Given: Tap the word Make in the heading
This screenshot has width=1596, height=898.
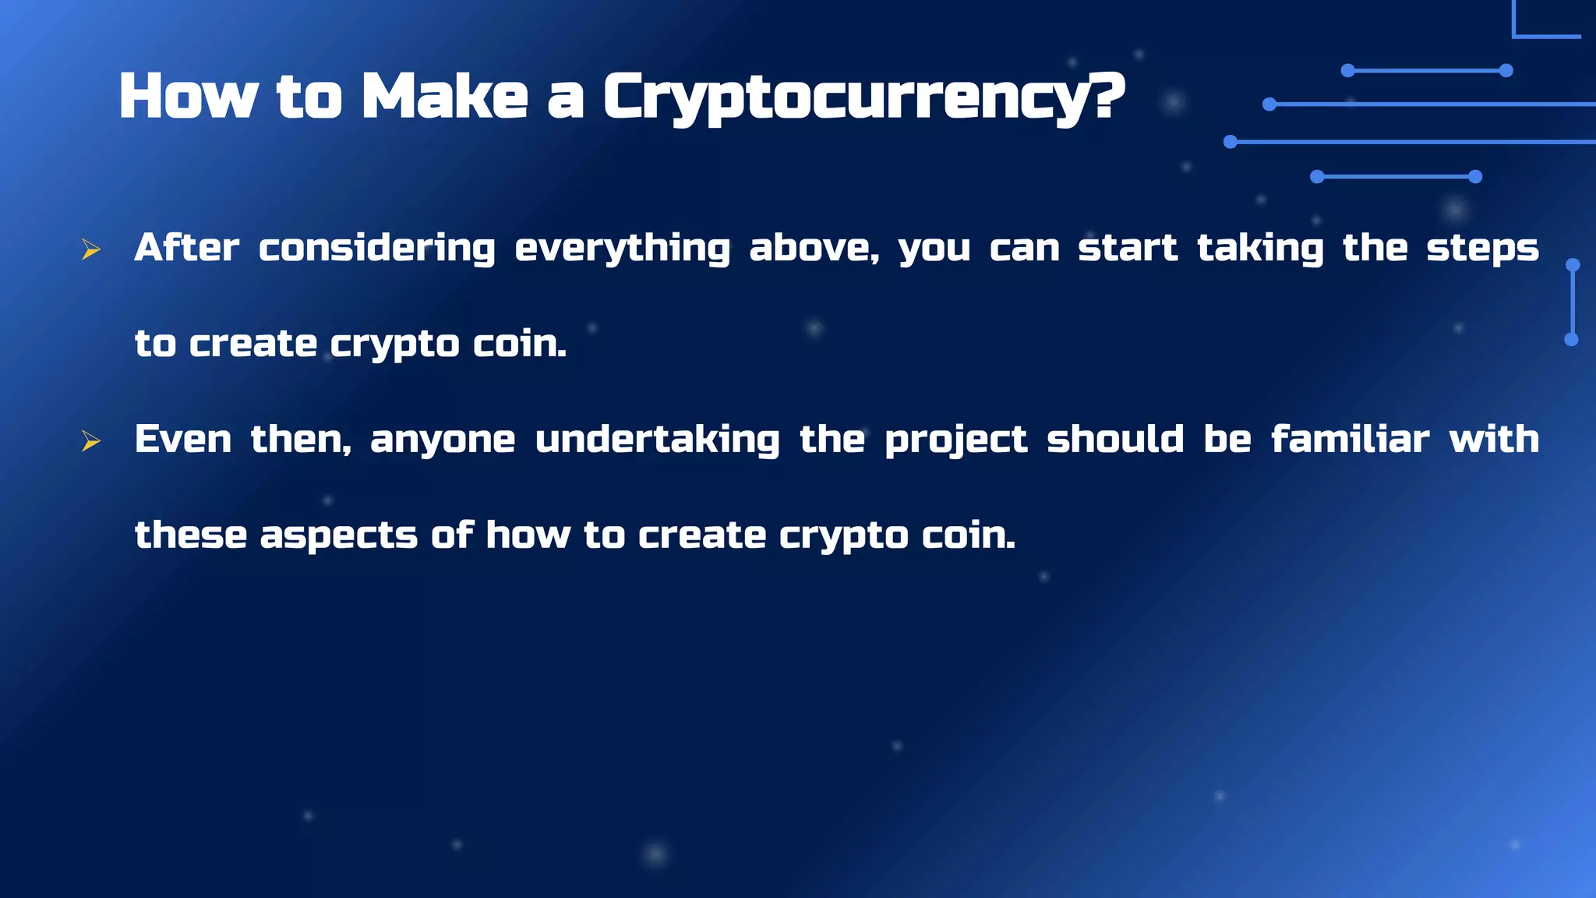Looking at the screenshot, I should (x=445, y=97).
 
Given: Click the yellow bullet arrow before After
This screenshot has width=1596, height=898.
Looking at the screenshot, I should (x=91, y=249).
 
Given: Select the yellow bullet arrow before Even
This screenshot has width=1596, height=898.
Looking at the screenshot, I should (x=91, y=441).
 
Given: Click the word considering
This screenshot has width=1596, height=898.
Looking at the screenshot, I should (x=376, y=249).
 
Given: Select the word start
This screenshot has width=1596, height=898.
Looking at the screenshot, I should (x=1127, y=249).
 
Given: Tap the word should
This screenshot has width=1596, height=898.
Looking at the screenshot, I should (x=1114, y=440).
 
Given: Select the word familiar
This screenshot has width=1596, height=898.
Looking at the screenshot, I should (x=1350, y=440).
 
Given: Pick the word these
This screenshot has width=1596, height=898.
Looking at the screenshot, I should (x=191, y=536).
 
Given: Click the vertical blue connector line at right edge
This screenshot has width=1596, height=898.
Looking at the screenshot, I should (x=1573, y=302).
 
